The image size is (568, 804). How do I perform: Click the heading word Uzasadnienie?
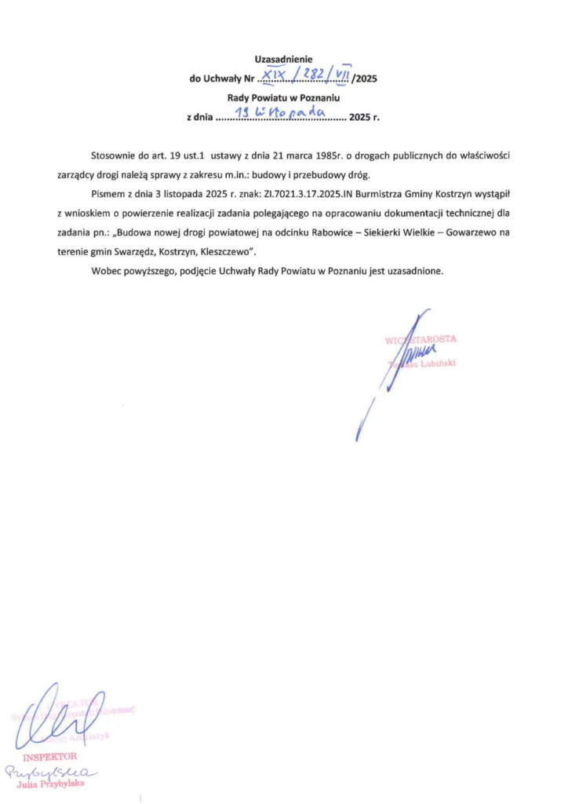point(283,60)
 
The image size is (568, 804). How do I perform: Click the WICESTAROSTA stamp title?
point(421,339)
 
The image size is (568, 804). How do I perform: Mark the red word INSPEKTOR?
point(50,757)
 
